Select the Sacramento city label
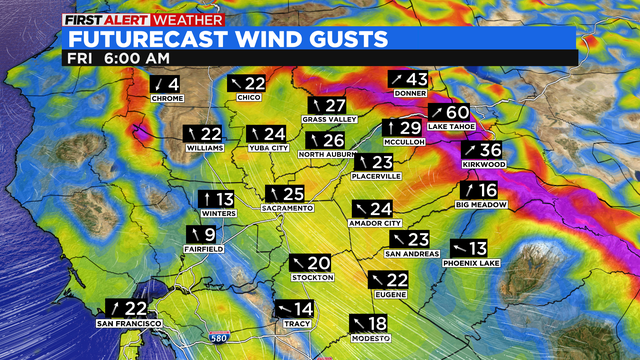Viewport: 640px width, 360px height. pos(288,208)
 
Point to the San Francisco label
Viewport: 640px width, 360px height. pos(129,324)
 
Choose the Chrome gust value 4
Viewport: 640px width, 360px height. pos(173,84)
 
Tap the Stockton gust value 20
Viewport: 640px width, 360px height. pos(319,262)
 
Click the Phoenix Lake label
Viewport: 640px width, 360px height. pos(473,263)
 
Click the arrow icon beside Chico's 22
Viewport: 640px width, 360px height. pos(236,83)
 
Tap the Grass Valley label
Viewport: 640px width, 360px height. pos(329,119)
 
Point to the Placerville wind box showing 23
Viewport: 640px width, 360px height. pos(374,162)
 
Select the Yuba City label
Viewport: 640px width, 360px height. pos(262,148)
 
